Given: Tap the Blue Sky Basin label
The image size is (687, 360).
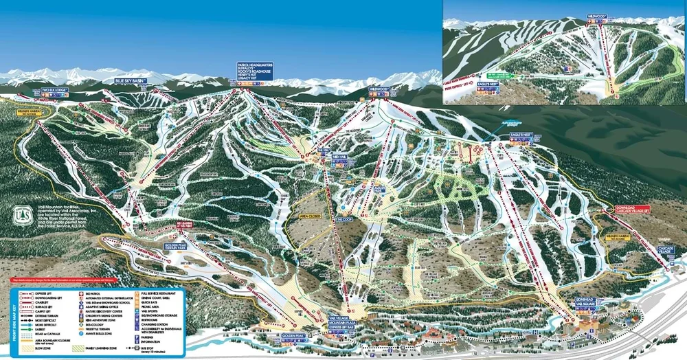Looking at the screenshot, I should (x=131, y=81).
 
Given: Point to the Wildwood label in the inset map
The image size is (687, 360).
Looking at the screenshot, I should (x=596, y=16).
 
